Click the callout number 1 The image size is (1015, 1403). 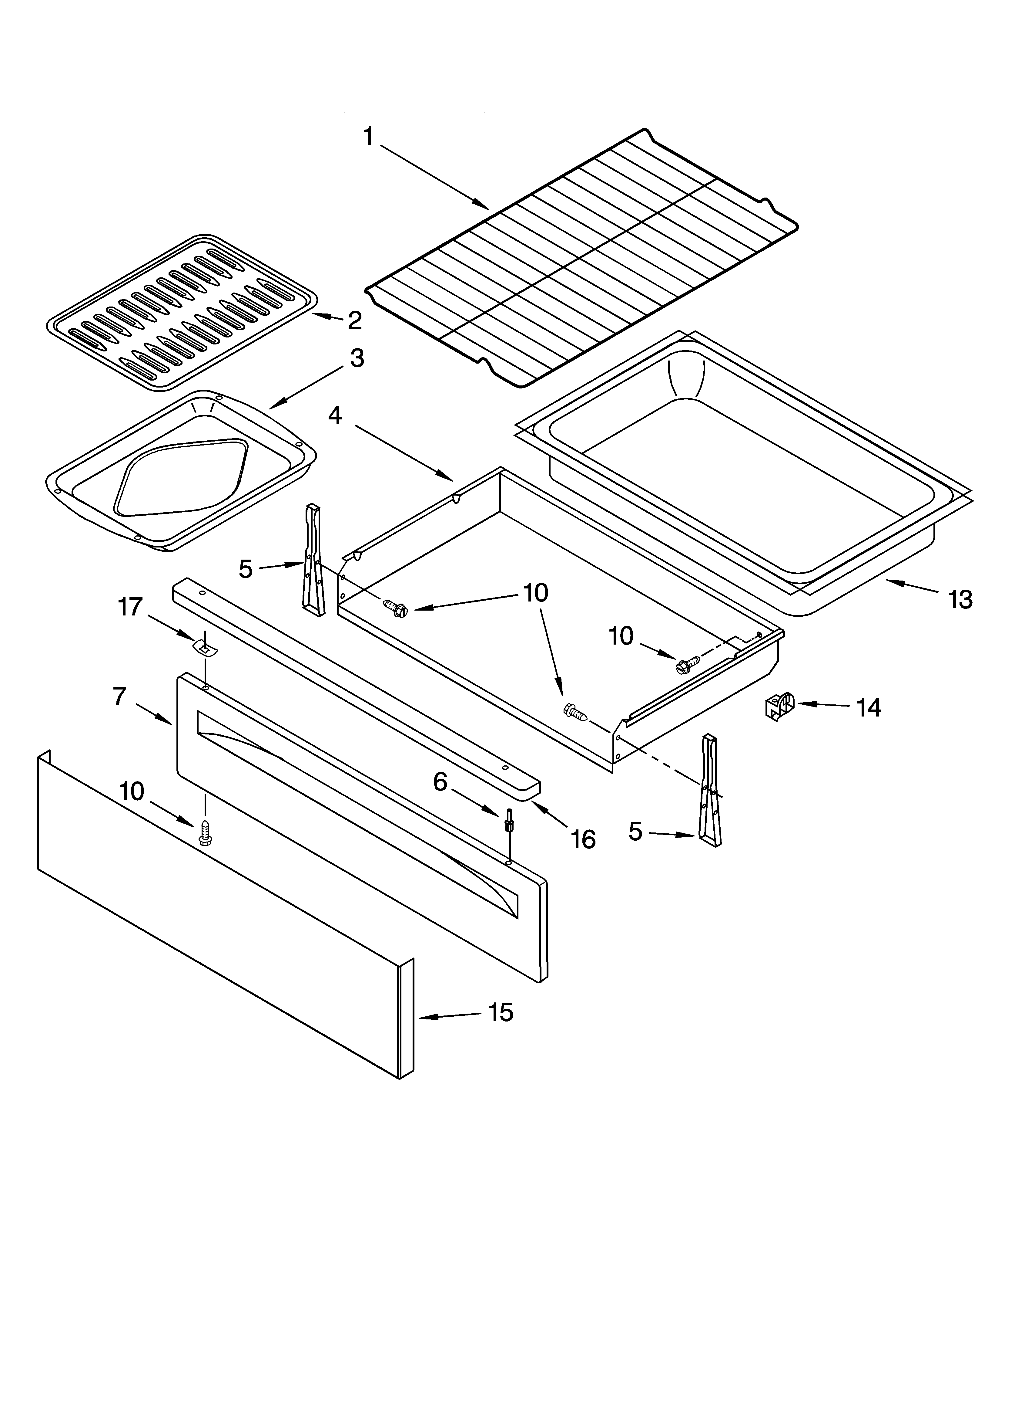click(368, 137)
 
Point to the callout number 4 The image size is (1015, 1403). click(334, 416)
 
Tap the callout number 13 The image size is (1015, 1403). click(961, 599)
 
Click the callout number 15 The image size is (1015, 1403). click(501, 1013)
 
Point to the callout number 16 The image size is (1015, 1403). click(582, 839)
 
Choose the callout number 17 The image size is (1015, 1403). click(130, 607)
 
